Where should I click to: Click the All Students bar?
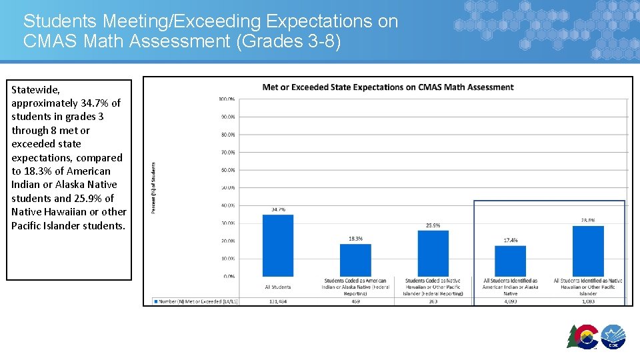point(278,245)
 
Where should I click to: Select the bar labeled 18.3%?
point(355,259)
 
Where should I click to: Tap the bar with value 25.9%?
point(433,253)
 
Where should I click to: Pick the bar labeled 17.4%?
point(510,261)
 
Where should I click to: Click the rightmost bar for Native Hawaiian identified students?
point(588,251)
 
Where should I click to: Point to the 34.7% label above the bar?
point(278,209)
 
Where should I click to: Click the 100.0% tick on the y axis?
point(227,99)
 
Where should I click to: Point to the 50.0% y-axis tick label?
point(227,187)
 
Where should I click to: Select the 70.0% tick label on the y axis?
point(227,152)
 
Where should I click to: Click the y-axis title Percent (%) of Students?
point(153,187)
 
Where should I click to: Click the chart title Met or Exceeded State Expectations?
point(388,87)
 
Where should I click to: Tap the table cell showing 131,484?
point(278,301)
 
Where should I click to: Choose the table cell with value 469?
point(355,301)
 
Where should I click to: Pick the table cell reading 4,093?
point(510,301)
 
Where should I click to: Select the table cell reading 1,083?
point(588,301)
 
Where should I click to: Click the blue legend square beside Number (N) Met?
point(157,301)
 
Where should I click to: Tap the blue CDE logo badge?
point(613,337)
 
